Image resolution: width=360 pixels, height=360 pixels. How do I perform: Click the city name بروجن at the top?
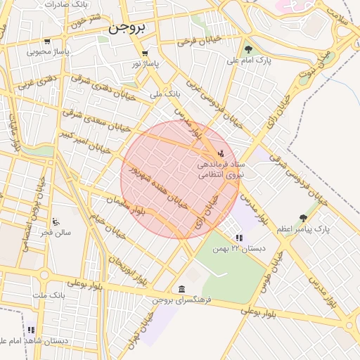127,29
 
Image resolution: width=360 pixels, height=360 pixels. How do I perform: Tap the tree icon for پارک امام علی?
248,49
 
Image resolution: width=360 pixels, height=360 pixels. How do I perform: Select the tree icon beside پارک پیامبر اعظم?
303,218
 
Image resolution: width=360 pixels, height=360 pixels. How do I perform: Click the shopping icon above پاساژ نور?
145,53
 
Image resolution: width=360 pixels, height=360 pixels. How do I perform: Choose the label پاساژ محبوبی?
47,51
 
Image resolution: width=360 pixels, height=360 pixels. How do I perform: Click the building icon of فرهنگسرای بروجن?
182,290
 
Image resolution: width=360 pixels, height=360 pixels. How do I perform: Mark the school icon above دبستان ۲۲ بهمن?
239,238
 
